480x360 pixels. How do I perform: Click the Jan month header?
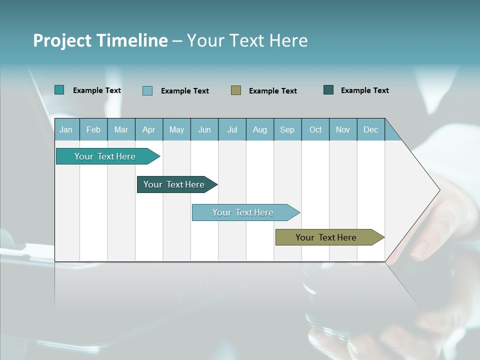point(66,129)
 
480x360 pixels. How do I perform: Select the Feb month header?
point(93,129)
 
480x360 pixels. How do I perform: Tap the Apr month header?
point(148,129)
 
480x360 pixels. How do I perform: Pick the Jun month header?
point(204,129)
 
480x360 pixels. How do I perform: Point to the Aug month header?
point(260,129)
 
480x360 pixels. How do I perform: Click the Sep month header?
point(287,129)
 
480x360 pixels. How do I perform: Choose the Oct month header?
point(315,129)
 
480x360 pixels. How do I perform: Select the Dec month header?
point(370,129)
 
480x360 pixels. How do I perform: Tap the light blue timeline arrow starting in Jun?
point(243,212)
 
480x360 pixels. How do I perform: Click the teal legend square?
point(59,90)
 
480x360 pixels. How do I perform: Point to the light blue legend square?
point(147,90)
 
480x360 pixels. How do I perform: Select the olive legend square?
point(236,90)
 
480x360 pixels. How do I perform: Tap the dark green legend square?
point(328,90)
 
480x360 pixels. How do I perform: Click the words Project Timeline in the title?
point(100,40)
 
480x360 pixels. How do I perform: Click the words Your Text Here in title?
point(247,40)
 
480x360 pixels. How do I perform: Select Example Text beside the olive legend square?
point(273,90)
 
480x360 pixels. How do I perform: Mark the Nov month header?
point(343,129)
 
